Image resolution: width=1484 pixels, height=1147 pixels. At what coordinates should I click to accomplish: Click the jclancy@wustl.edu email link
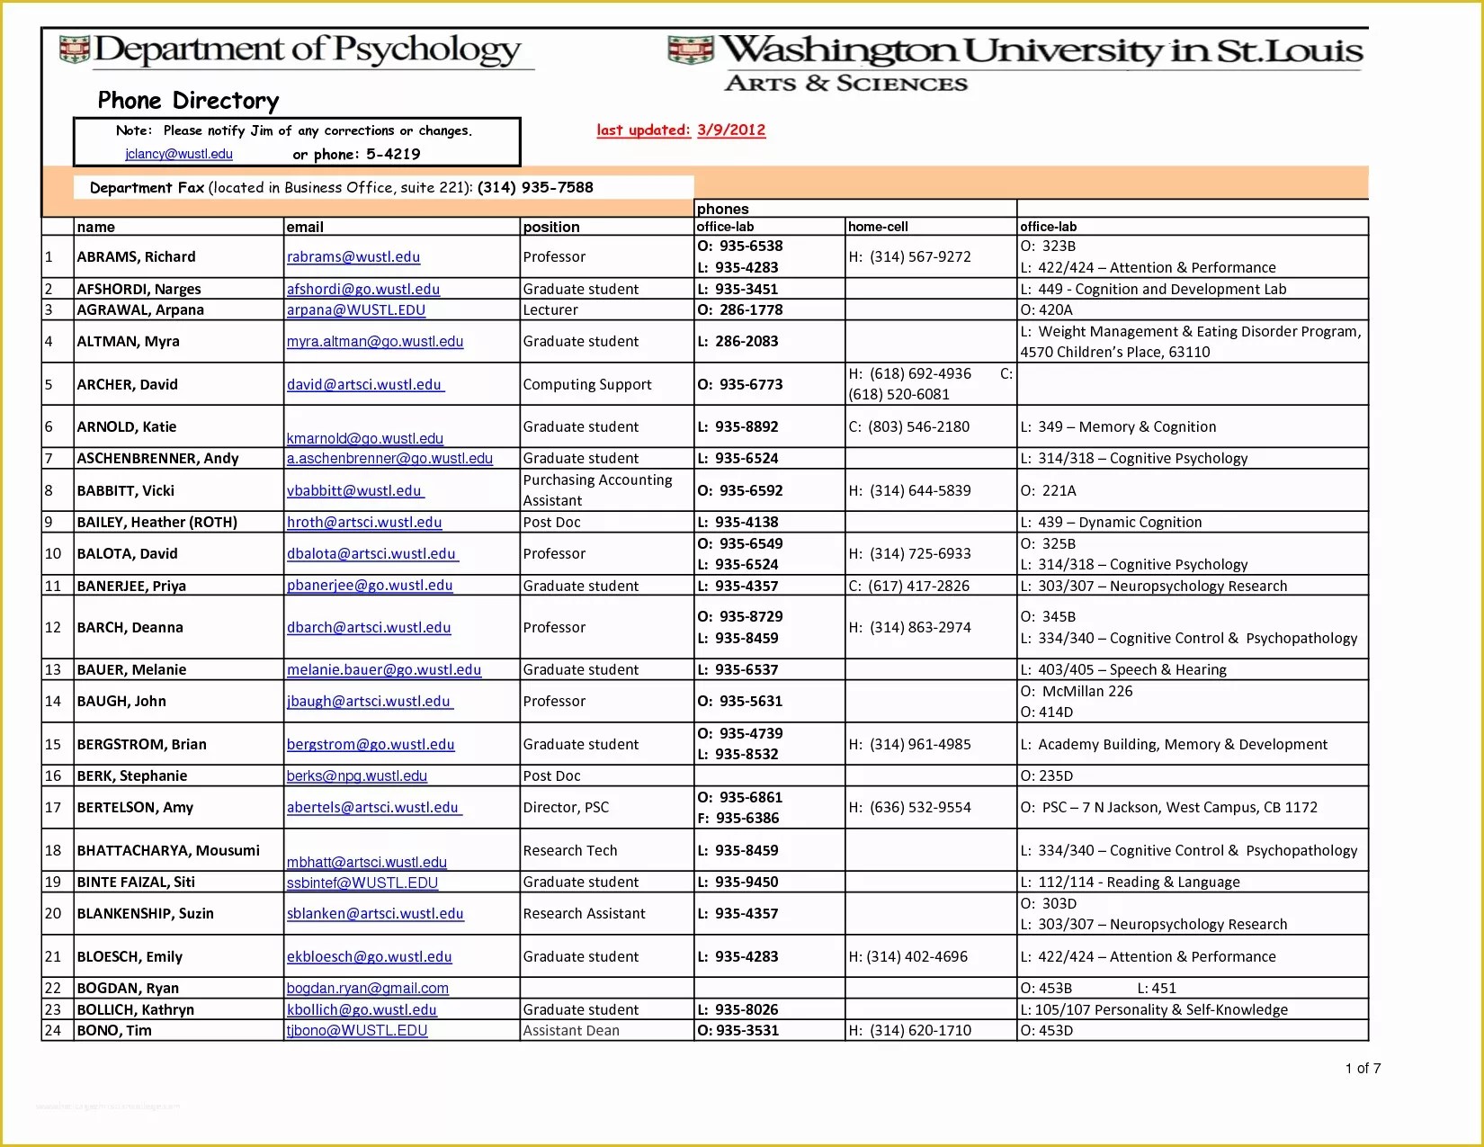pos(179,154)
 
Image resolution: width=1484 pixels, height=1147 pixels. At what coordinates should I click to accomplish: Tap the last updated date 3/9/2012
pos(730,130)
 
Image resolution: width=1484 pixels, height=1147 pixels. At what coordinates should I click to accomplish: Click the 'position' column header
pos(551,227)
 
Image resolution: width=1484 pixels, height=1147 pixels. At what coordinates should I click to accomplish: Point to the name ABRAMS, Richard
pos(136,256)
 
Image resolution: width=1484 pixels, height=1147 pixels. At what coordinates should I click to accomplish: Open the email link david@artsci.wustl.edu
pos(364,384)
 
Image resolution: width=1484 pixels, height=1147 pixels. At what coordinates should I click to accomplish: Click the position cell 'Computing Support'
pos(587,384)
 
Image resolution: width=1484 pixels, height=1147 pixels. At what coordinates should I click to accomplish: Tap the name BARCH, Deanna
pos(130,627)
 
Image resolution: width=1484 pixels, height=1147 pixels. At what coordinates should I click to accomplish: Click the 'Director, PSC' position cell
pos(566,807)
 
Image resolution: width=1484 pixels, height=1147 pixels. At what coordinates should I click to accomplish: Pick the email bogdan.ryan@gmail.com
pos(367,988)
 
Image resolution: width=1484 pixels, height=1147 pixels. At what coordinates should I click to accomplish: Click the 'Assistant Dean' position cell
pos(571,1030)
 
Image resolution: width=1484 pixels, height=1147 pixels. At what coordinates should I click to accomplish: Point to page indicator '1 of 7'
pos(1363,1068)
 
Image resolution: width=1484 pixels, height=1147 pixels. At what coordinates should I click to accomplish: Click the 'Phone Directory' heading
pos(188,101)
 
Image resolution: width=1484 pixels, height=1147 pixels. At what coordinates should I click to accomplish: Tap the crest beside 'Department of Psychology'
pos(74,49)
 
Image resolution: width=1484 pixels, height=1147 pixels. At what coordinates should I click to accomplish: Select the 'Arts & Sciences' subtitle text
pos(845,84)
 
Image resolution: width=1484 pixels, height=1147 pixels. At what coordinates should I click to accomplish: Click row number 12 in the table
pos(53,627)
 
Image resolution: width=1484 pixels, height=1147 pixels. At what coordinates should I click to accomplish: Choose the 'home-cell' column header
pos(878,227)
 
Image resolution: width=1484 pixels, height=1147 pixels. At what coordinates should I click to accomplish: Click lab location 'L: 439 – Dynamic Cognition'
pos(1111,522)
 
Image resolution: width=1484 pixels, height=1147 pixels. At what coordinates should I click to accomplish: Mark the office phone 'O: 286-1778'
pos(739,309)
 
